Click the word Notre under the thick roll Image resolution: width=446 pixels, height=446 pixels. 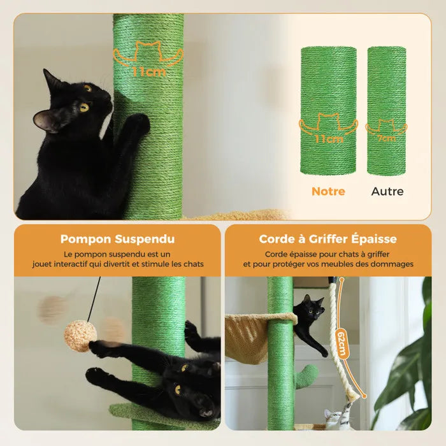tap(328, 191)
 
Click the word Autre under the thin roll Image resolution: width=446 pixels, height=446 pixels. tap(387, 191)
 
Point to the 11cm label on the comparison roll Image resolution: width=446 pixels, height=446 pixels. tap(328, 139)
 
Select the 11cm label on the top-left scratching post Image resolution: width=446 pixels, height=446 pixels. tap(148, 71)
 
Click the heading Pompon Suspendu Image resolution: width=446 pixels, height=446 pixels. tap(117, 240)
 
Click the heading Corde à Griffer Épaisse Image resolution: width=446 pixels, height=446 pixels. tap(327, 240)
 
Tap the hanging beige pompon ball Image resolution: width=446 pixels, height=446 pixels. tap(80, 336)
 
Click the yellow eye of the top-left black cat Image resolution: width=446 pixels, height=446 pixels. tap(84, 107)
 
